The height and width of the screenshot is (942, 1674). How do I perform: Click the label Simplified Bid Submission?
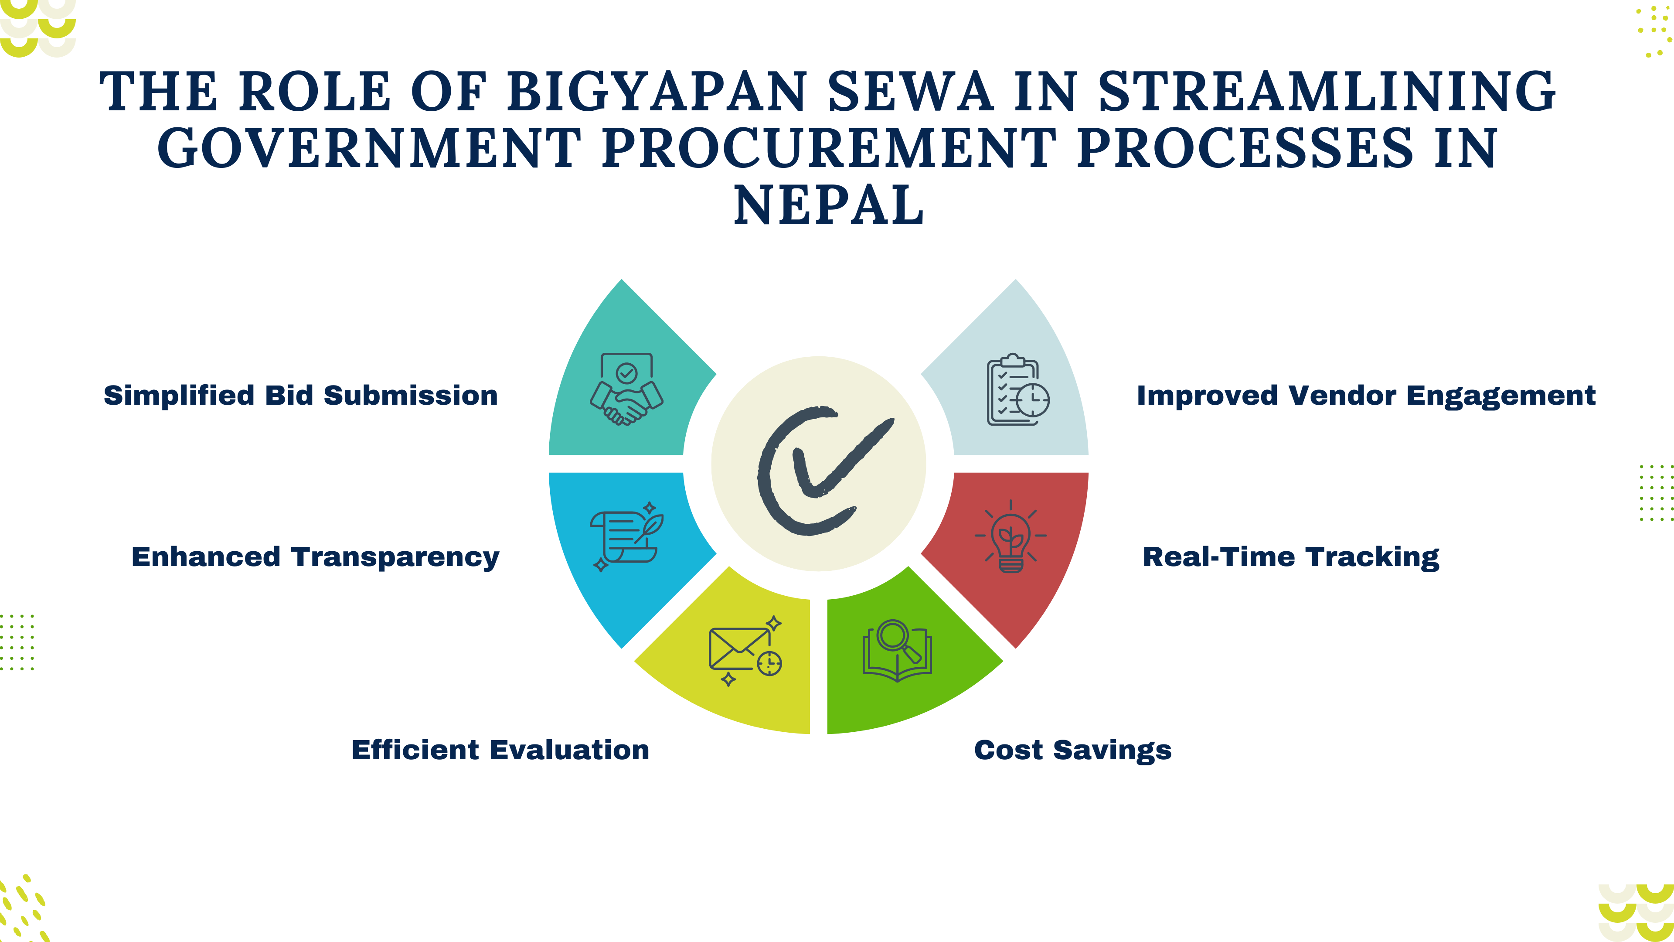click(x=301, y=395)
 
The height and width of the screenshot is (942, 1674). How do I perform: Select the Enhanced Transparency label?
click(x=315, y=557)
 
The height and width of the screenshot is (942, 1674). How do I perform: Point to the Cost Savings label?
click(x=1073, y=750)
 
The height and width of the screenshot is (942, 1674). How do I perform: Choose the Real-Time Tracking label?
click(x=1290, y=557)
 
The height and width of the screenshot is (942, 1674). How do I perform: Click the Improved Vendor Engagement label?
click(x=1366, y=395)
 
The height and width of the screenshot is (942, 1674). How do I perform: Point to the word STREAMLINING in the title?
click(x=1327, y=91)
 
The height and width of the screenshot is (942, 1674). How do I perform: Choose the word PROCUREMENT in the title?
click(x=829, y=148)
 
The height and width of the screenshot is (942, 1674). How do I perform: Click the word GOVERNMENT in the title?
click(x=369, y=148)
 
